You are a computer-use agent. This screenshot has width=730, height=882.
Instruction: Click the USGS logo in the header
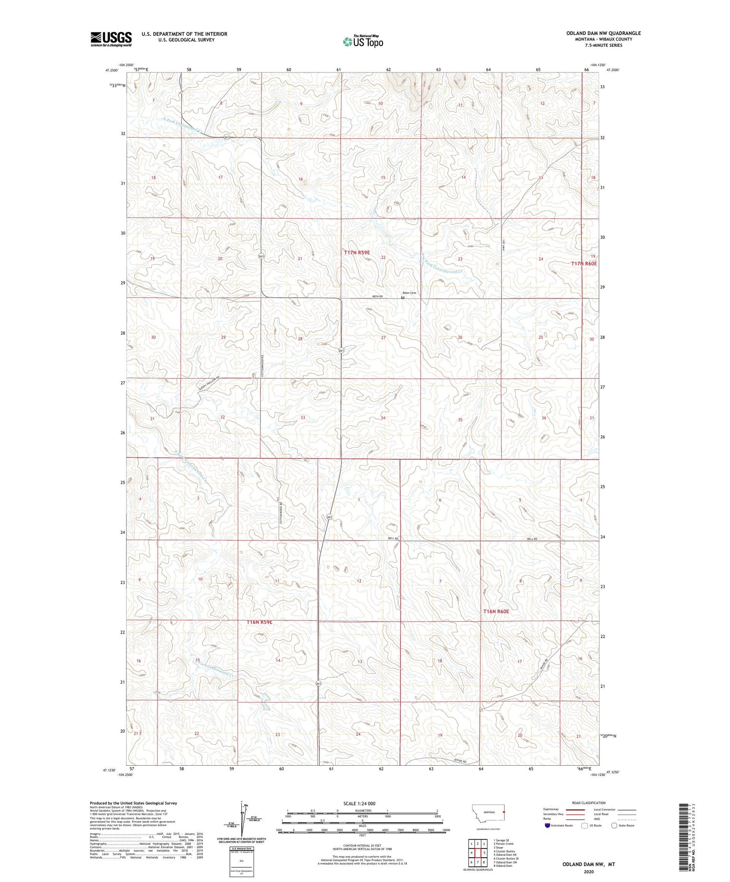coord(111,38)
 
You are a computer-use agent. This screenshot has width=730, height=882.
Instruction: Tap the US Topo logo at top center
coord(363,42)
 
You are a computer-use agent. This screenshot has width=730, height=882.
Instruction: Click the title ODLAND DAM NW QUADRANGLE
coord(603,33)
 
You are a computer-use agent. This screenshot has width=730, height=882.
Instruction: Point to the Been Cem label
coord(409,292)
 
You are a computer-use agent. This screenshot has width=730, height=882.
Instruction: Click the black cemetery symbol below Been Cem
coord(402,297)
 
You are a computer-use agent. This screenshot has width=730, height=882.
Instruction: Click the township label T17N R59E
coord(357,252)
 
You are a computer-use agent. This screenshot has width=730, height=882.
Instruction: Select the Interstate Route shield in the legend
coord(547,826)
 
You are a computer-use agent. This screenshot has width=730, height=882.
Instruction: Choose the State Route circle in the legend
coord(614,826)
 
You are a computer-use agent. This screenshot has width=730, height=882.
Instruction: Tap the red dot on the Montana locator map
coord(503,811)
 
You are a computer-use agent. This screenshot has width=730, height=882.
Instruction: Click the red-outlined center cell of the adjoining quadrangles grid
coord(478,853)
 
